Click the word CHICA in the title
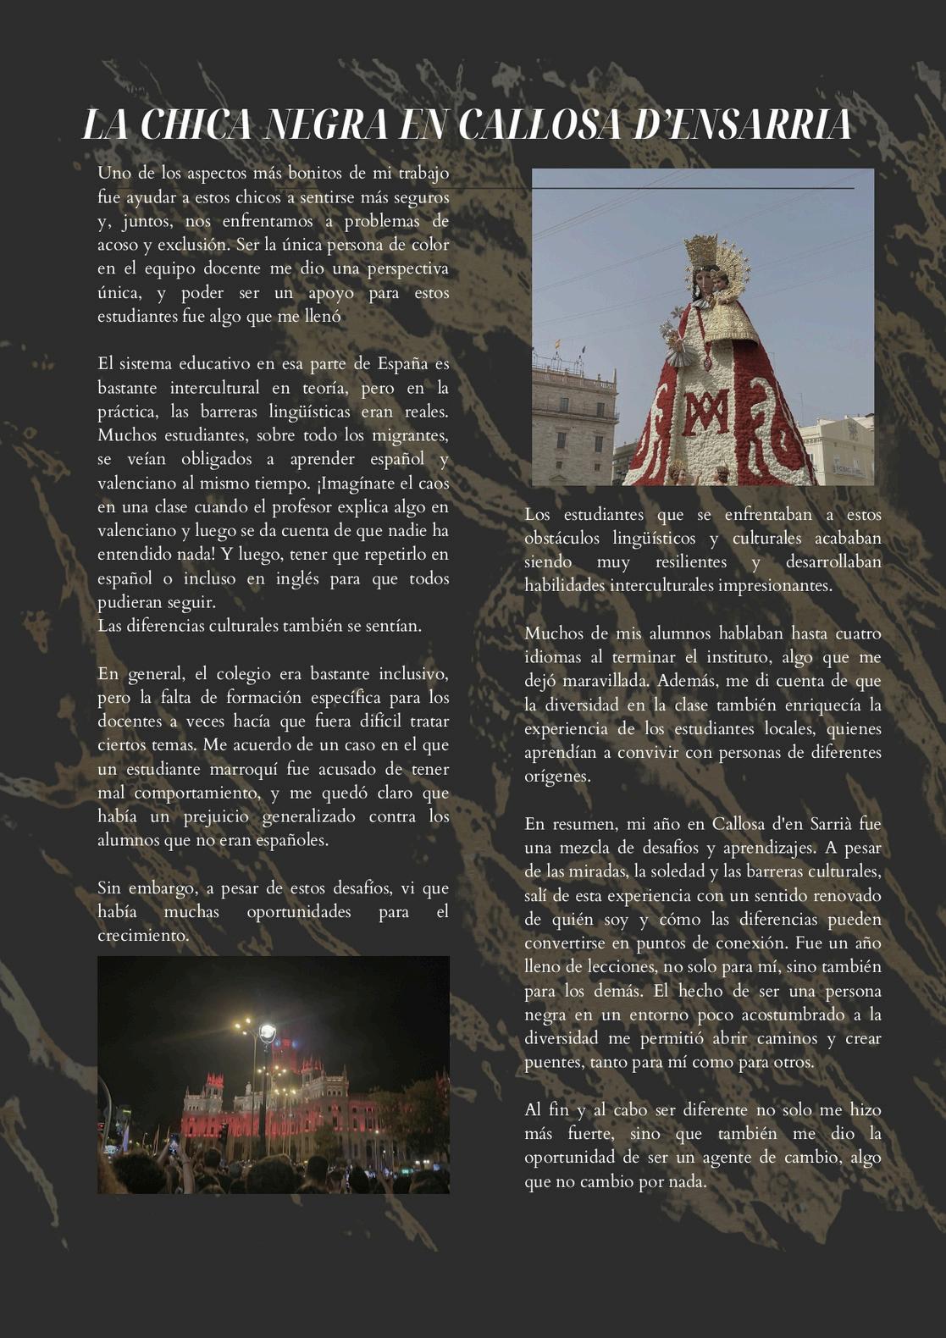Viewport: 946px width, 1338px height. point(196,125)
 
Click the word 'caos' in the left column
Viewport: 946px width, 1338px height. point(433,484)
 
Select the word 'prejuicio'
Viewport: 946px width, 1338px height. point(216,816)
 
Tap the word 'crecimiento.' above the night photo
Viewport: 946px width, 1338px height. point(142,936)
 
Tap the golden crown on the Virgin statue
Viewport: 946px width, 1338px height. point(702,253)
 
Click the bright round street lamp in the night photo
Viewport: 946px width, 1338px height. point(267,1031)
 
